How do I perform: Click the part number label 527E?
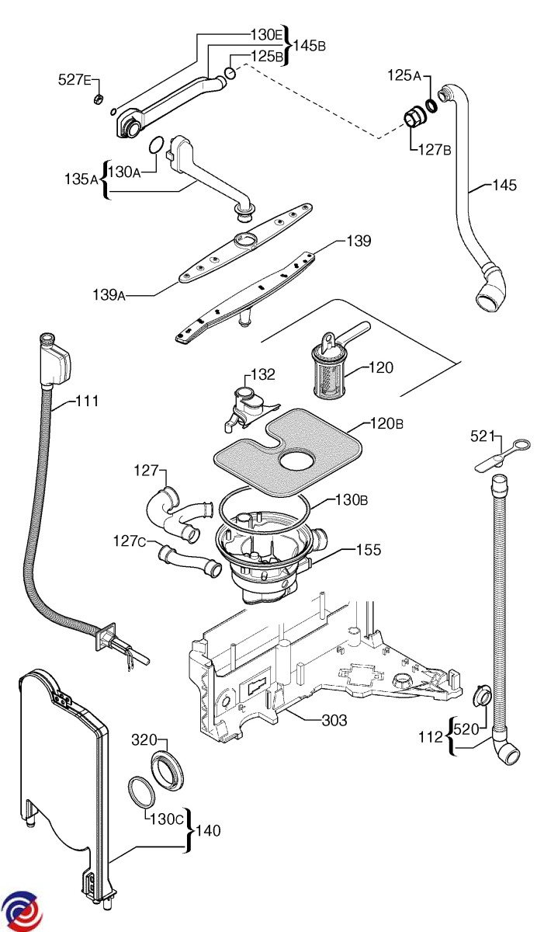(x=75, y=79)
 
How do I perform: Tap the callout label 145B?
(x=310, y=45)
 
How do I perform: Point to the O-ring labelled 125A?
(x=431, y=105)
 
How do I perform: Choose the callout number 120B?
(x=386, y=424)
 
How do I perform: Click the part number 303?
(x=334, y=721)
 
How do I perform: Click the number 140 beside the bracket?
(x=208, y=831)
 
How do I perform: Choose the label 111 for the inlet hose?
(x=88, y=402)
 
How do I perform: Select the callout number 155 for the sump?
(x=369, y=550)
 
